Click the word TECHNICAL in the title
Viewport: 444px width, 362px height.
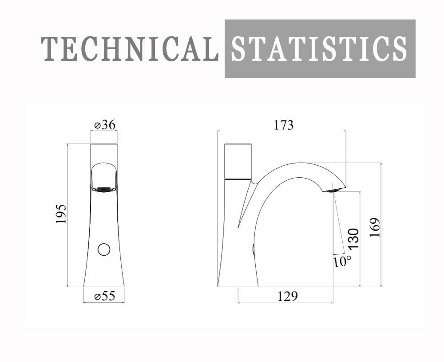tap(130, 49)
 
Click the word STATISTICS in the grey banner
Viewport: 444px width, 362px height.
tap(319, 49)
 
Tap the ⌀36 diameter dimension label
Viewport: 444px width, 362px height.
tap(105, 125)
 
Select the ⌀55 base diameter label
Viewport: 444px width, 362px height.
tap(105, 296)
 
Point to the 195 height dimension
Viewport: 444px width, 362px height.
tap(61, 214)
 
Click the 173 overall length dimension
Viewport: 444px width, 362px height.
tap(283, 125)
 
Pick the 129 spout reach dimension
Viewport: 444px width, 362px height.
tap(287, 296)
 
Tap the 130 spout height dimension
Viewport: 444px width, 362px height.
tap(353, 239)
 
